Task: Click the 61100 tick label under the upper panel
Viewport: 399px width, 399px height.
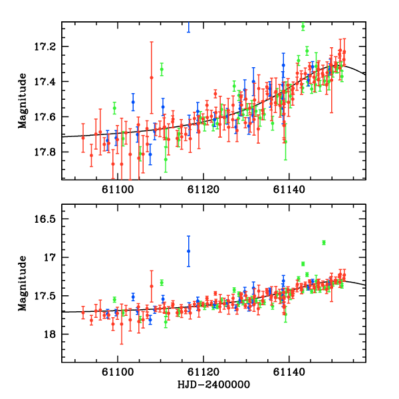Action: [118, 190]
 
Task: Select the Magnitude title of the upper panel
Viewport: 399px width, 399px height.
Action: [22, 100]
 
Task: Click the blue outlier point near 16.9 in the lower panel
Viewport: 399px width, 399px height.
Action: [188, 251]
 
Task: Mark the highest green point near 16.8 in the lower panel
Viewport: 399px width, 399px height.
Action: [324, 242]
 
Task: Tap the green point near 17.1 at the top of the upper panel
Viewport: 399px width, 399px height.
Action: [303, 27]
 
